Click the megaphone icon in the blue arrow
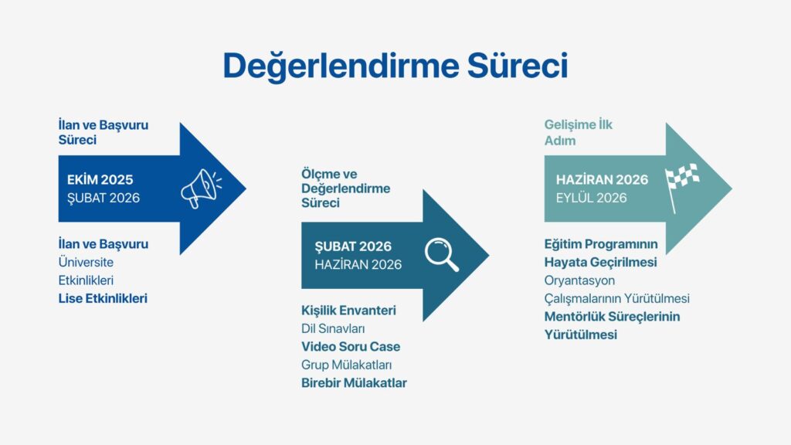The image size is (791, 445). click(x=201, y=189)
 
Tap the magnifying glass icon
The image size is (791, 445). click(x=442, y=254)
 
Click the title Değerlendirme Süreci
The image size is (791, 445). click(x=395, y=66)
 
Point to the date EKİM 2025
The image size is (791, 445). click(x=100, y=179)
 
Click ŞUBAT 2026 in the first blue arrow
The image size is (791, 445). click(x=104, y=198)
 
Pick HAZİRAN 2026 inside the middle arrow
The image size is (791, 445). click(x=358, y=264)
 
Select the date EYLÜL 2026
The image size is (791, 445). click(x=591, y=198)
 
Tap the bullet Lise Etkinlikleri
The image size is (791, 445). click(x=103, y=298)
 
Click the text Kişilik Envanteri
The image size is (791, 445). click(x=348, y=311)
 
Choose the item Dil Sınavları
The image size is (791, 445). click(x=333, y=328)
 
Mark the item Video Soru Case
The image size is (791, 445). click(x=351, y=347)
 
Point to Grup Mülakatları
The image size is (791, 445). click(x=347, y=365)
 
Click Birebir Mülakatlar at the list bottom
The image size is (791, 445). click(x=354, y=383)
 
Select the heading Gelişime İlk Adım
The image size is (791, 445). click(x=578, y=132)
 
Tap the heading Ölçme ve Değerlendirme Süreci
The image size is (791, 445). click(x=345, y=189)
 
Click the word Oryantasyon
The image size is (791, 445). click(x=579, y=280)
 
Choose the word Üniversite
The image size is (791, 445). click(x=86, y=262)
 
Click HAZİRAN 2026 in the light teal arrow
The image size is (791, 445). click(x=602, y=179)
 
